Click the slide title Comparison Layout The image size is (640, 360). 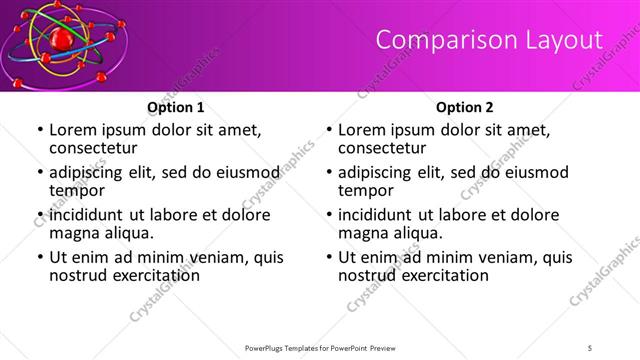tap(489, 40)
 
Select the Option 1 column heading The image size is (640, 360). tap(176, 107)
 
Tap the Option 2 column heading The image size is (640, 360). tap(465, 107)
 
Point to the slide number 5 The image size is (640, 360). tap(591, 348)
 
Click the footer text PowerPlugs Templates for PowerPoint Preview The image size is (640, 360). tap(319, 348)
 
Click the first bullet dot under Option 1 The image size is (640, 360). tap(39, 131)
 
